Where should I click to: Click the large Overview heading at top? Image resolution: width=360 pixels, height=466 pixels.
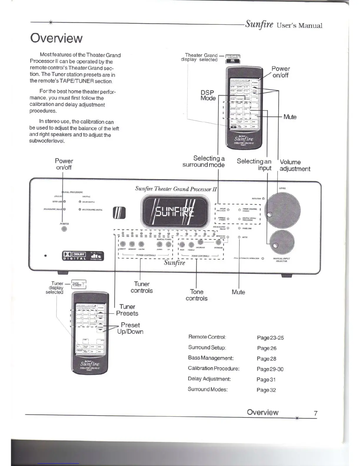coord(56,39)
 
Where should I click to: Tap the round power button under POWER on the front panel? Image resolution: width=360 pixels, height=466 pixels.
coord(64,229)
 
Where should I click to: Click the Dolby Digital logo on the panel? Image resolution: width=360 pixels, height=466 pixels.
coord(74,256)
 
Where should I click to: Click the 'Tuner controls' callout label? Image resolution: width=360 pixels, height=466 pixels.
coord(142,287)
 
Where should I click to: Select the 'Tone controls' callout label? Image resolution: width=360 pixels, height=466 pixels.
coord(196,295)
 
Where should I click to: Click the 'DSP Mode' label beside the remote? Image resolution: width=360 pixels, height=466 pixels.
coord(208,95)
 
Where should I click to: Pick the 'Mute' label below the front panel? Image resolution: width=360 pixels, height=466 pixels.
coord(238,292)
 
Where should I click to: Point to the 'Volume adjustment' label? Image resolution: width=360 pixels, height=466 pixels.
coord(295,165)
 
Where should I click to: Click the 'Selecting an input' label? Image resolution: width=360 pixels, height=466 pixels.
coord(254,164)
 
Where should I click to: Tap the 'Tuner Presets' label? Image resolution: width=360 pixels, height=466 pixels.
coord(127,310)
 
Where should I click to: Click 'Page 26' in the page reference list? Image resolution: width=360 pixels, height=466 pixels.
coord(266,348)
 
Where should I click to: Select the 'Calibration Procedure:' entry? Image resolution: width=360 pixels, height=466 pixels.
coord(214,369)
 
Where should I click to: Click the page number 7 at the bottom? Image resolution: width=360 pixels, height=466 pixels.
coord(316,413)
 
